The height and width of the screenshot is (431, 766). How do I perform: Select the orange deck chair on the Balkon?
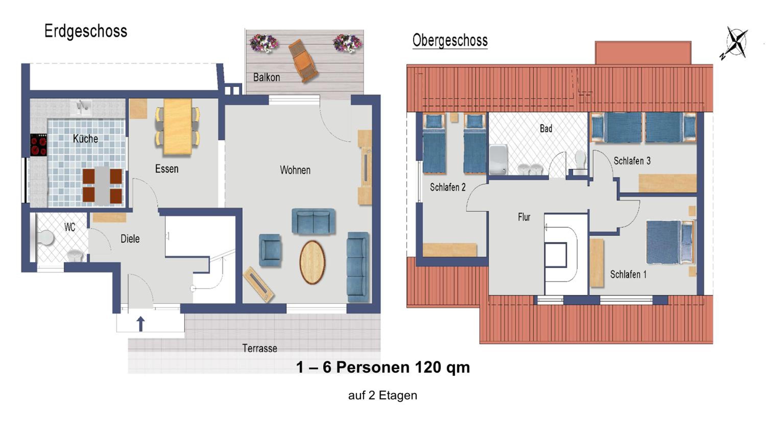click(303, 60)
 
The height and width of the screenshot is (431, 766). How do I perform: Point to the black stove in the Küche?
click(39, 145)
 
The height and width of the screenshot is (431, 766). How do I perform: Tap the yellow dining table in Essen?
click(177, 127)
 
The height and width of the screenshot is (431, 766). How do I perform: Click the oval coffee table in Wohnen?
click(312, 262)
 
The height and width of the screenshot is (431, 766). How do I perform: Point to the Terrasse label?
click(260, 348)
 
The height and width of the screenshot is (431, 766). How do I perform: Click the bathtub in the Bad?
click(498, 159)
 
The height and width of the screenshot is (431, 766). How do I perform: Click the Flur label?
click(524, 217)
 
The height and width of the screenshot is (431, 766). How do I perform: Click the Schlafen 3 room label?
click(632, 161)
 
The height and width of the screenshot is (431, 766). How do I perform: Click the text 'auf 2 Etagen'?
click(383, 395)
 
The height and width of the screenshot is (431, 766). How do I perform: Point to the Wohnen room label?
click(295, 170)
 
